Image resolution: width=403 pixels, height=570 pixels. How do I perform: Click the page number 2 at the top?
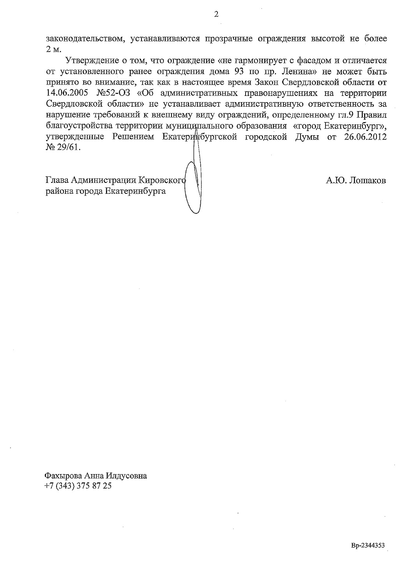(216, 15)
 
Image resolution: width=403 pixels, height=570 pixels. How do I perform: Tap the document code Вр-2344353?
(368, 545)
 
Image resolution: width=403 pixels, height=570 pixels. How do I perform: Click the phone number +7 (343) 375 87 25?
(78, 486)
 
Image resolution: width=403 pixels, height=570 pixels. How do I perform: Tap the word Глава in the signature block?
(56, 181)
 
